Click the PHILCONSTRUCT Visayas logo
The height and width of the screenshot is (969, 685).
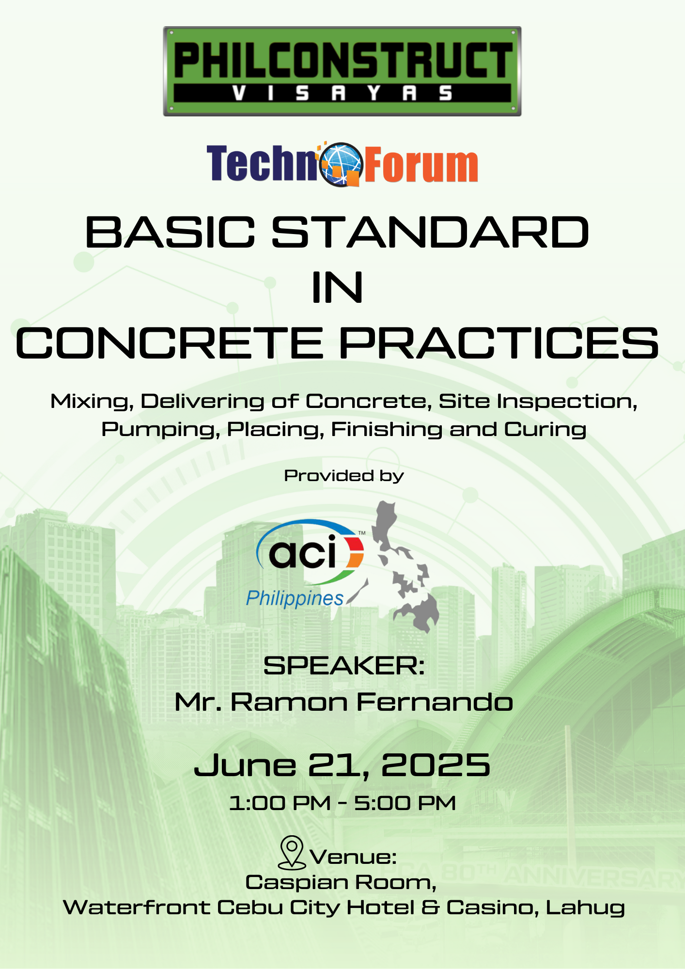click(x=342, y=71)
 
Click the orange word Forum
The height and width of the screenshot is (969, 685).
click(x=421, y=165)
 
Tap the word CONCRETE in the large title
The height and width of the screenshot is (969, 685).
click(x=170, y=343)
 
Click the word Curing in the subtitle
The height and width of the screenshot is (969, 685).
click(x=545, y=430)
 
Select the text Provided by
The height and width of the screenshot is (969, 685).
click(x=344, y=476)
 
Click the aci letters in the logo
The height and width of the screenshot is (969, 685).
click(x=303, y=552)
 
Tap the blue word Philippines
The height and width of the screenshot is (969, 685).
click(x=295, y=599)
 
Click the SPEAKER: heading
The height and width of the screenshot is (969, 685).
click(x=344, y=666)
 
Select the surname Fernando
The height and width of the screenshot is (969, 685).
click(x=435, y=702)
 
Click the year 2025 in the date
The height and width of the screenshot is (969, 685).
click(x=436, y=766)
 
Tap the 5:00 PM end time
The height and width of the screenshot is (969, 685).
click(x=405, y=803)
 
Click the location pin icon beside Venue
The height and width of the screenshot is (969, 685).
click(x=292, y=852)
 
